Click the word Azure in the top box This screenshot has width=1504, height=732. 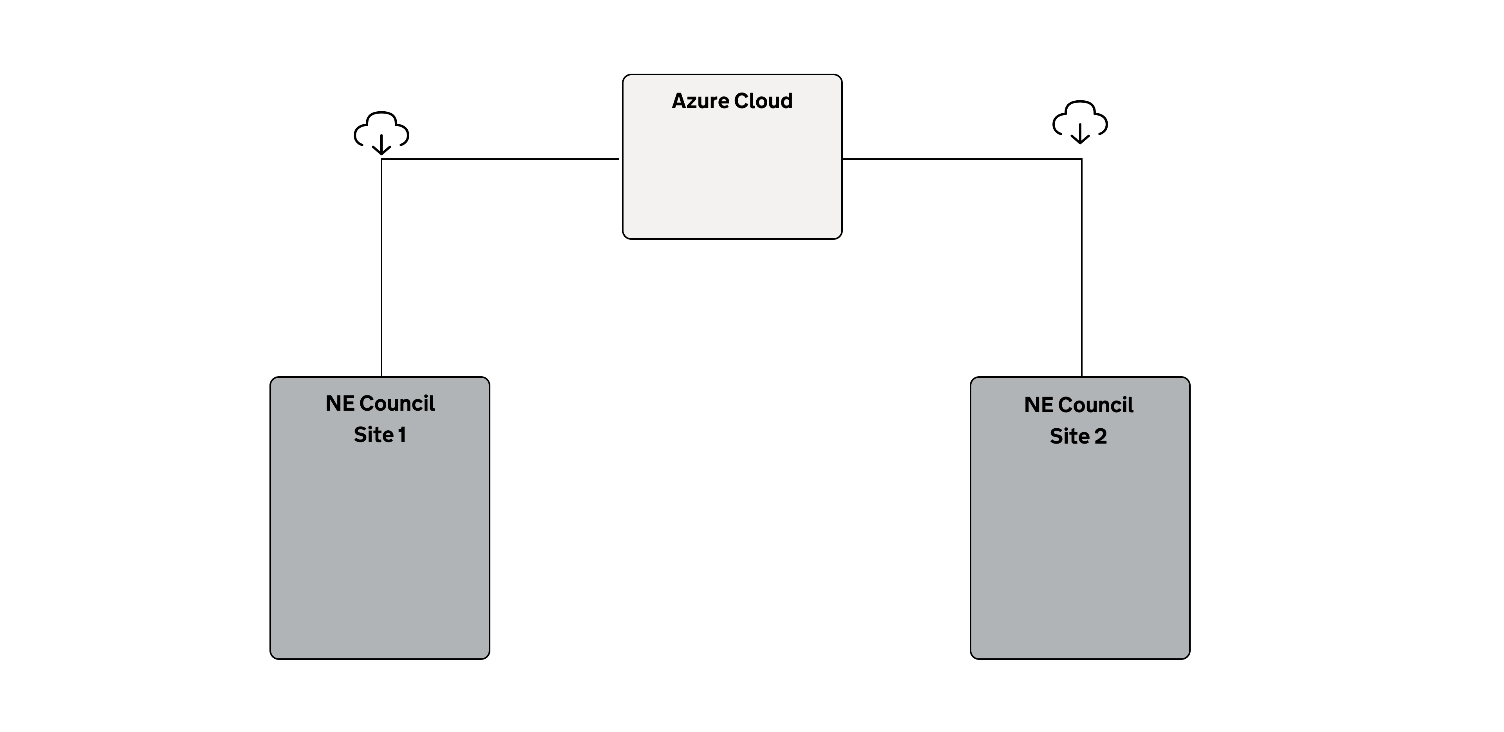(700, 101)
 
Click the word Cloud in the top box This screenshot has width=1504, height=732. (763, 101)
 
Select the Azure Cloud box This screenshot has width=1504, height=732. (732, 157)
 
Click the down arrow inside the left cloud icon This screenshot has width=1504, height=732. (381, 144)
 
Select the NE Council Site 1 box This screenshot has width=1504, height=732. (380, 518)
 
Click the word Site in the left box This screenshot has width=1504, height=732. (374, 435)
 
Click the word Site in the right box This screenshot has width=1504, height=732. (1070, 437)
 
